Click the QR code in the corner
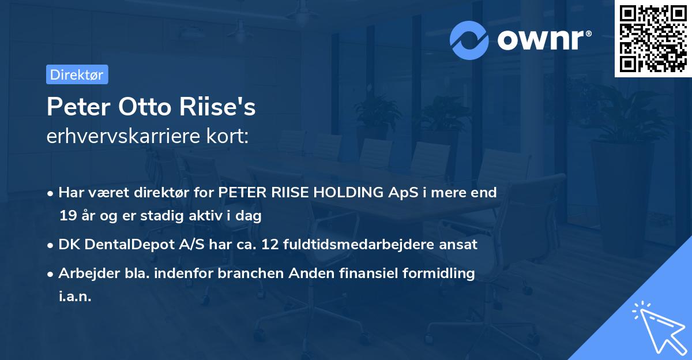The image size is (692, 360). pos(653,39)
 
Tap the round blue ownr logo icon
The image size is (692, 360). pos(469,40)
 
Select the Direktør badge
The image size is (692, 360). pos(77,74)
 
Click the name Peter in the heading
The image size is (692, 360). pos(79,107)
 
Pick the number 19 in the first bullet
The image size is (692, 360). pos(67,216)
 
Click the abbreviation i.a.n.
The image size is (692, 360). pos(75,297)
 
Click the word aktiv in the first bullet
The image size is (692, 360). pos(216,216)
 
